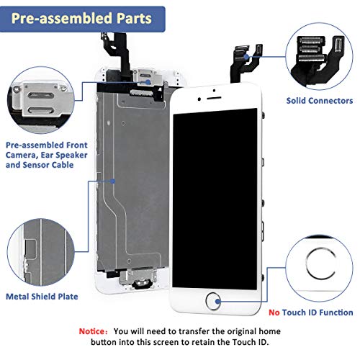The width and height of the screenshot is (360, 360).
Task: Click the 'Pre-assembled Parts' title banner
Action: point(82,19)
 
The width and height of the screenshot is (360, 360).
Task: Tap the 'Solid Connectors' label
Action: point(320,101)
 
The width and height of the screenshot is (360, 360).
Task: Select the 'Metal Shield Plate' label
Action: point(42,297)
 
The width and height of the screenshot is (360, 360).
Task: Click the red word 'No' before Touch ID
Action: point(274,312)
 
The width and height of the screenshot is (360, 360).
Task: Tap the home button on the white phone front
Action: point(213,301)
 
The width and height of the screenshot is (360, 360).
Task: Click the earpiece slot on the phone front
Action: point(214,98)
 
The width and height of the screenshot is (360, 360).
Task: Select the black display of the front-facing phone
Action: point(215,199)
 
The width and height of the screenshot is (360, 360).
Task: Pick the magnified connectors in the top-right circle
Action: point(319,56)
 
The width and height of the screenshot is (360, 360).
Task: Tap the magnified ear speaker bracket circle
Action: point(41,100)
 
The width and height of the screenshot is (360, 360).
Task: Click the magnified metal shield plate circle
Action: point(41,252)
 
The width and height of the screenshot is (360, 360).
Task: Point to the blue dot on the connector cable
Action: point(246,57)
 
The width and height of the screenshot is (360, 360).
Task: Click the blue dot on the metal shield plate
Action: point(113,181)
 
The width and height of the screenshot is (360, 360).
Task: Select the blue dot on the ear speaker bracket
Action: point(148,82)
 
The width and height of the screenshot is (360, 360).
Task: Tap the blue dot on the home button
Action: point(218,302)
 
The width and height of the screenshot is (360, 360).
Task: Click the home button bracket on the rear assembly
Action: point(138,279)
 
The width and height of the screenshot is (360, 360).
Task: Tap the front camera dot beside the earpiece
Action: point(199,99)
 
